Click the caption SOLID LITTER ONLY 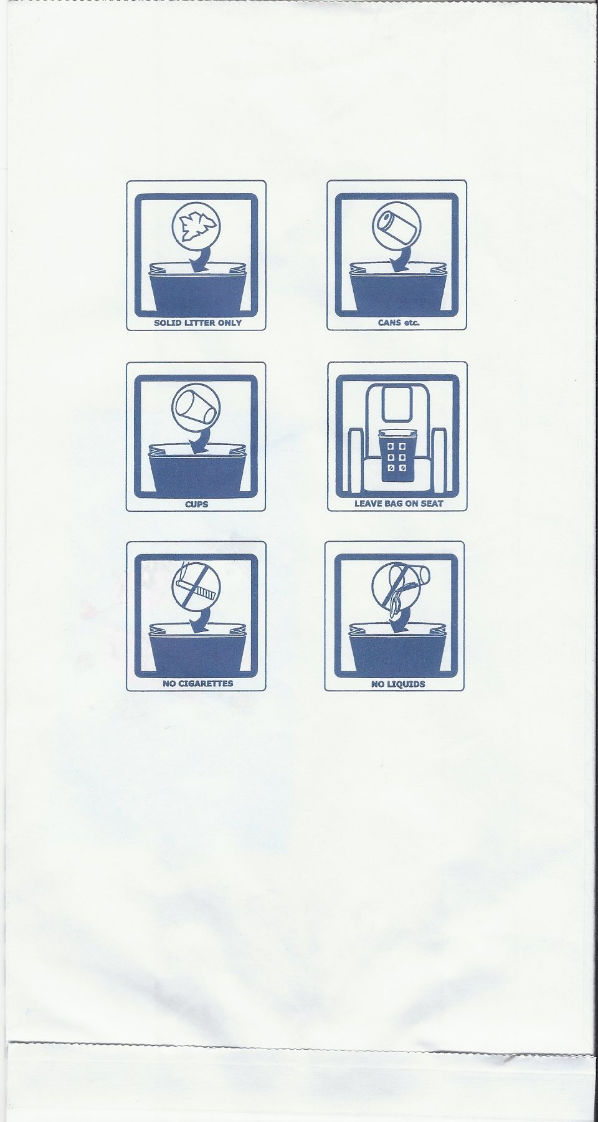(197, 323)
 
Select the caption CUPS (196, 504)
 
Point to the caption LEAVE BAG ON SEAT (399, 503)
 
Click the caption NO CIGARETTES (197, 683)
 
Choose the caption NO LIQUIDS (398, 684)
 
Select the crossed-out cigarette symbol (196, 587)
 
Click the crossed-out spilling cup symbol (399, 587)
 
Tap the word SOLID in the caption (166, 323)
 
